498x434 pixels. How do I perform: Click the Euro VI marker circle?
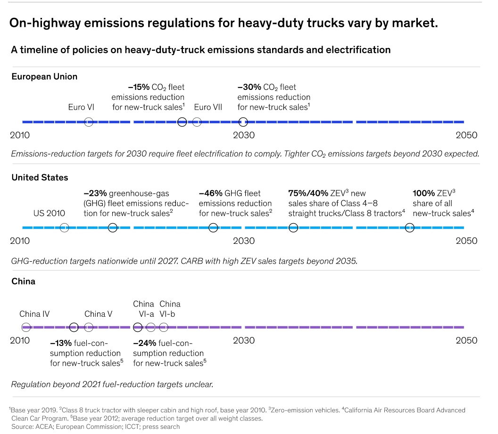click(88, 122)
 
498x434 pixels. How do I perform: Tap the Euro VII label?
click(208, 107)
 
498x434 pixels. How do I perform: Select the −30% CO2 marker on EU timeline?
click(243, 122)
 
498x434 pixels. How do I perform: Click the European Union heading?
click(44, 76)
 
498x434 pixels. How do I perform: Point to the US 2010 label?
click(49, 213)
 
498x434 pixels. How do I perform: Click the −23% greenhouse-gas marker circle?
click(112, 228)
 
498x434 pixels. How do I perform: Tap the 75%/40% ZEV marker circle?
click(293, 228)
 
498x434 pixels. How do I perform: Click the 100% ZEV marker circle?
click(410, 228)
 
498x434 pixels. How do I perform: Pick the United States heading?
click(40, 177)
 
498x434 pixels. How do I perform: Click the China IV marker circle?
click(26, 327)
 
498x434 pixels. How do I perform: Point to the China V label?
click(98, 314)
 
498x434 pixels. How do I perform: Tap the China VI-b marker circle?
click(163, 327)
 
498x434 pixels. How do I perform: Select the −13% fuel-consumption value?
click(61, 343)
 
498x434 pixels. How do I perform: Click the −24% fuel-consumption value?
click(144, 343)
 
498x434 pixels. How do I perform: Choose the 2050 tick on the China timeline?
click(466, 340)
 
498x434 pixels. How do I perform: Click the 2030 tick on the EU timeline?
click(244, 136)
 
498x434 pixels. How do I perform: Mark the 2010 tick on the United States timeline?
click(20, 241)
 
